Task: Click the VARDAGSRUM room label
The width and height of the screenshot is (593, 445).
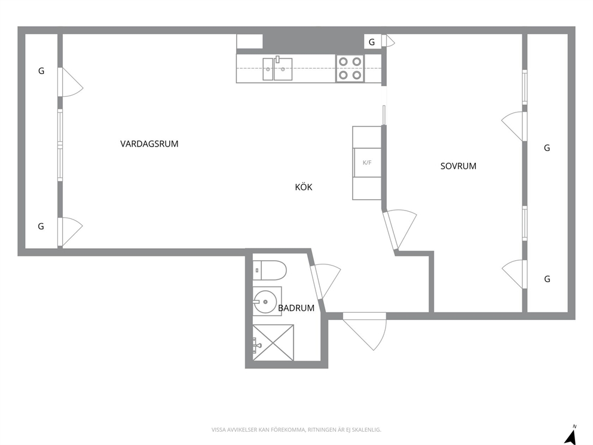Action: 149,144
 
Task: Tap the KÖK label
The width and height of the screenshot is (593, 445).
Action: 304,187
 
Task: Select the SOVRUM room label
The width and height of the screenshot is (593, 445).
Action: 458,166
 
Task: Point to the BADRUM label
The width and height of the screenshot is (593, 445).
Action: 296,308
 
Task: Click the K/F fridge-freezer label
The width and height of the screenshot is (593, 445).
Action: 367,163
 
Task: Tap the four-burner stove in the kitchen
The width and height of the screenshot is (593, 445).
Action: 350,69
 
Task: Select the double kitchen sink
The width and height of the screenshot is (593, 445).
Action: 277,69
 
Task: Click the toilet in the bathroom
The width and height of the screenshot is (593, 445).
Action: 269,270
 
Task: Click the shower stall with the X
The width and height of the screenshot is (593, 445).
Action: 273,343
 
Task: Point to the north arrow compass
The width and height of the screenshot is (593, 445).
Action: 571,435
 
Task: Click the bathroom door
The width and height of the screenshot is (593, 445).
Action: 325,282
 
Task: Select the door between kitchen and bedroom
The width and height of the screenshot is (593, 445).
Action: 398,229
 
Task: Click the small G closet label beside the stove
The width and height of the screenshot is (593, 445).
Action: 372,42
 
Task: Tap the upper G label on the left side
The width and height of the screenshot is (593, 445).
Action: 41,71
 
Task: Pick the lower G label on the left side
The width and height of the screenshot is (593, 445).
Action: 41,226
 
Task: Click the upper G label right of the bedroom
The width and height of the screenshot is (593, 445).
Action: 547,148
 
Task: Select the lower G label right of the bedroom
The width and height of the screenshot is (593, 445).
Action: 547,279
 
